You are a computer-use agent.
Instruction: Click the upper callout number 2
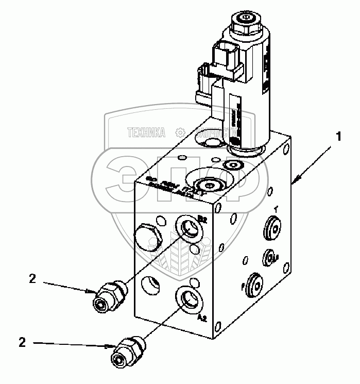point(32,279)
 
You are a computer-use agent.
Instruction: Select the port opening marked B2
point(188,227)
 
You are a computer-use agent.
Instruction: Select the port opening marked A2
point(188,299)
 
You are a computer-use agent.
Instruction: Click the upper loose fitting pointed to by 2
point(110,297)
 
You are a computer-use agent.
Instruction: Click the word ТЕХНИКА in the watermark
point(146,133)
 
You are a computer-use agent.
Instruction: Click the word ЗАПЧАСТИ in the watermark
point(213,133)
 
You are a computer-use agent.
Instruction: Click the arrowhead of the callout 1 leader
point(293,181)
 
